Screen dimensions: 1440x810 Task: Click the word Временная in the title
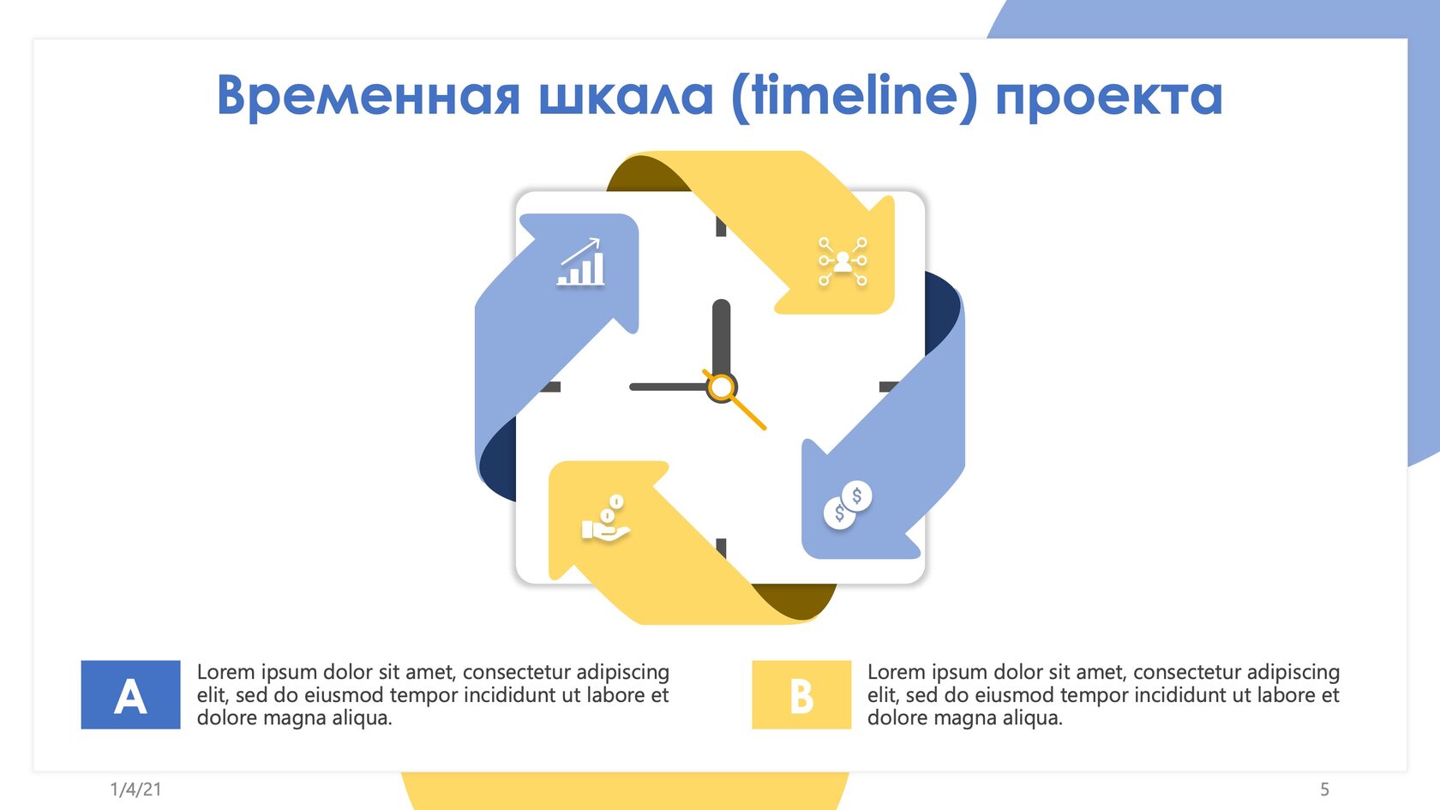[369, 95]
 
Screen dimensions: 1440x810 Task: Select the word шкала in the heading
[626, 97]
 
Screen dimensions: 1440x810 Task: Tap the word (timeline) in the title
[855, 96]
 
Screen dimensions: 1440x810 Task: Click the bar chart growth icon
[581, 261]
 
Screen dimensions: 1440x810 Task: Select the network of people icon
[843, 261]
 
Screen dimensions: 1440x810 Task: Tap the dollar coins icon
[848, 505]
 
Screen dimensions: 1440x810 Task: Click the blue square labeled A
[130, 695]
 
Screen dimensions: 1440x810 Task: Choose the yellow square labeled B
[801, 695]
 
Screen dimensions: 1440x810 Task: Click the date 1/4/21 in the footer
[135, 789]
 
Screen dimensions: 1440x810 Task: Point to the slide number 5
[1324, 789]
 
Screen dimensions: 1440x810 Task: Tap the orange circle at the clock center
[722, 387]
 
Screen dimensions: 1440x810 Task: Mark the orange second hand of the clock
[734, 399]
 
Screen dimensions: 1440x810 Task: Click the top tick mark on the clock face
[722, 226]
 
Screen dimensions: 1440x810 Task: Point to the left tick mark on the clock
[550, 387]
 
